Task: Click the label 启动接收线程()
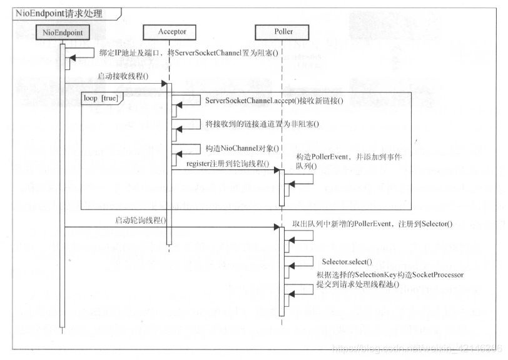pos(123,76)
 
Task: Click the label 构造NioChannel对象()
pos(241,148)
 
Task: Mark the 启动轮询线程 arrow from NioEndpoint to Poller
pos(169,227)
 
